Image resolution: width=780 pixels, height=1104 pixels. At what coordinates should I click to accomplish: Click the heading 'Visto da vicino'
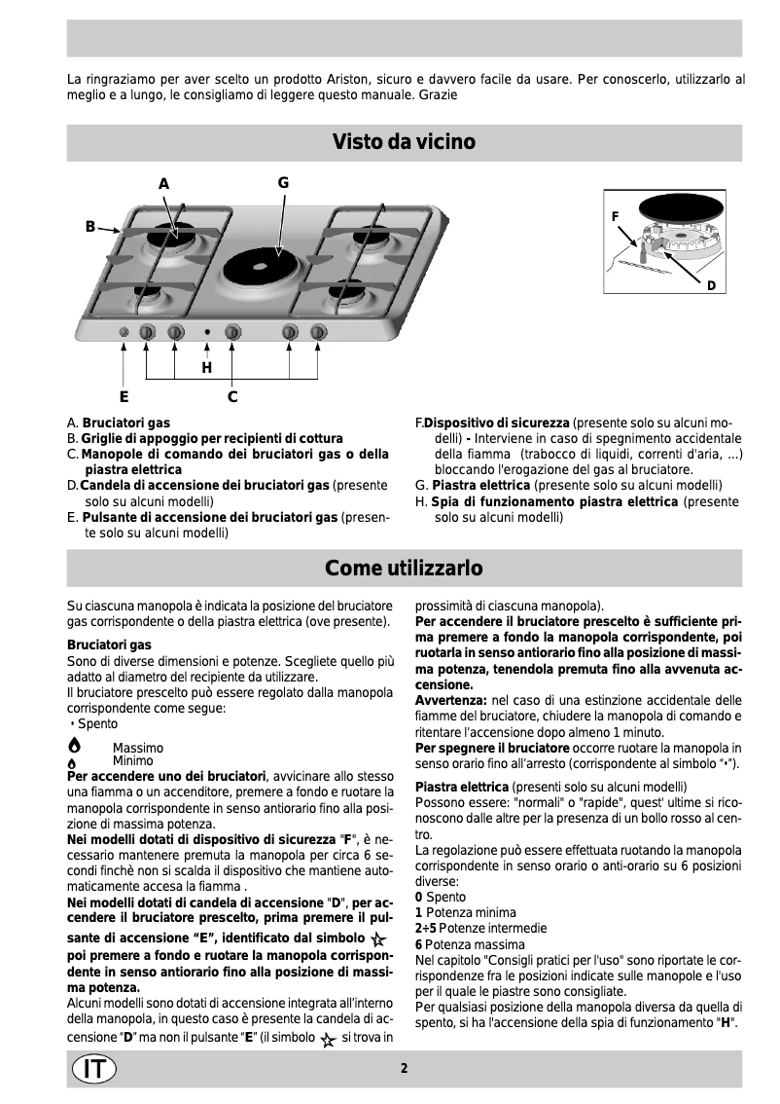click(x=404, y=143)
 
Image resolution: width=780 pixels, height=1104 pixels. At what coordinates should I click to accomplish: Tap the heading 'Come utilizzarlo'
click(x=404, y=567)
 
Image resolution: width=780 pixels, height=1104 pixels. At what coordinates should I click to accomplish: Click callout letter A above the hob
click(x=163, y=184)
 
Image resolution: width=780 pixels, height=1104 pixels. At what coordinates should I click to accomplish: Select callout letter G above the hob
click(x=283, y=182)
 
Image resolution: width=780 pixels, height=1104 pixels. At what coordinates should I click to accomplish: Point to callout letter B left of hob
click(x=89, y=227)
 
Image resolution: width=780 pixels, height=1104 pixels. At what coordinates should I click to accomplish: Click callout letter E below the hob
click(x=124, y=396)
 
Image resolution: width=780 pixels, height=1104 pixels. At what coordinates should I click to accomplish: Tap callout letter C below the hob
click(x=232, y=396)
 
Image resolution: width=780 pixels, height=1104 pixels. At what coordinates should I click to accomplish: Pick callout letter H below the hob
click(x=206, y=368)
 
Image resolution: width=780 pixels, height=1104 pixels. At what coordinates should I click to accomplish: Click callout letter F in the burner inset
click(x=615, y=213)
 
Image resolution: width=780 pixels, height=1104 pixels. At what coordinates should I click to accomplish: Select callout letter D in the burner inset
click(x=711, y=285)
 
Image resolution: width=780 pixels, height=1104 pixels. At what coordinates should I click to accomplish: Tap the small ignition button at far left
click(x=124, y=333)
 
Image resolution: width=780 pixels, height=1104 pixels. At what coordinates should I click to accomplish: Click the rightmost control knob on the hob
click(x=317, y=333)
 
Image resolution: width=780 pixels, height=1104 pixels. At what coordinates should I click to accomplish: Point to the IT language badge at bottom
click(x=93, y=1068)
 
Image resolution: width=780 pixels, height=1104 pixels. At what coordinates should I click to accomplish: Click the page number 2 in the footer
click(x=404, y=1068)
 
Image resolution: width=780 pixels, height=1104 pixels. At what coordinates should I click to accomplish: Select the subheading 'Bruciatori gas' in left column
click(x=109, y=644)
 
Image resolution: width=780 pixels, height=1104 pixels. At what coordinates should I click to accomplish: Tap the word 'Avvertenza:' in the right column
click(x=450, y=699)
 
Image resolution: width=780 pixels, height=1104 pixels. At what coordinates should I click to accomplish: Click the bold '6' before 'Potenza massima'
click(x=418, y=944)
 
